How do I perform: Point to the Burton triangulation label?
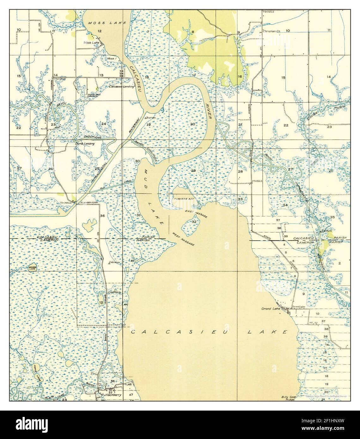pos(151,117)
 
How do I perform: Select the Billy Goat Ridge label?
pos(288,398)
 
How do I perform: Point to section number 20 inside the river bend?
pos(192,124)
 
